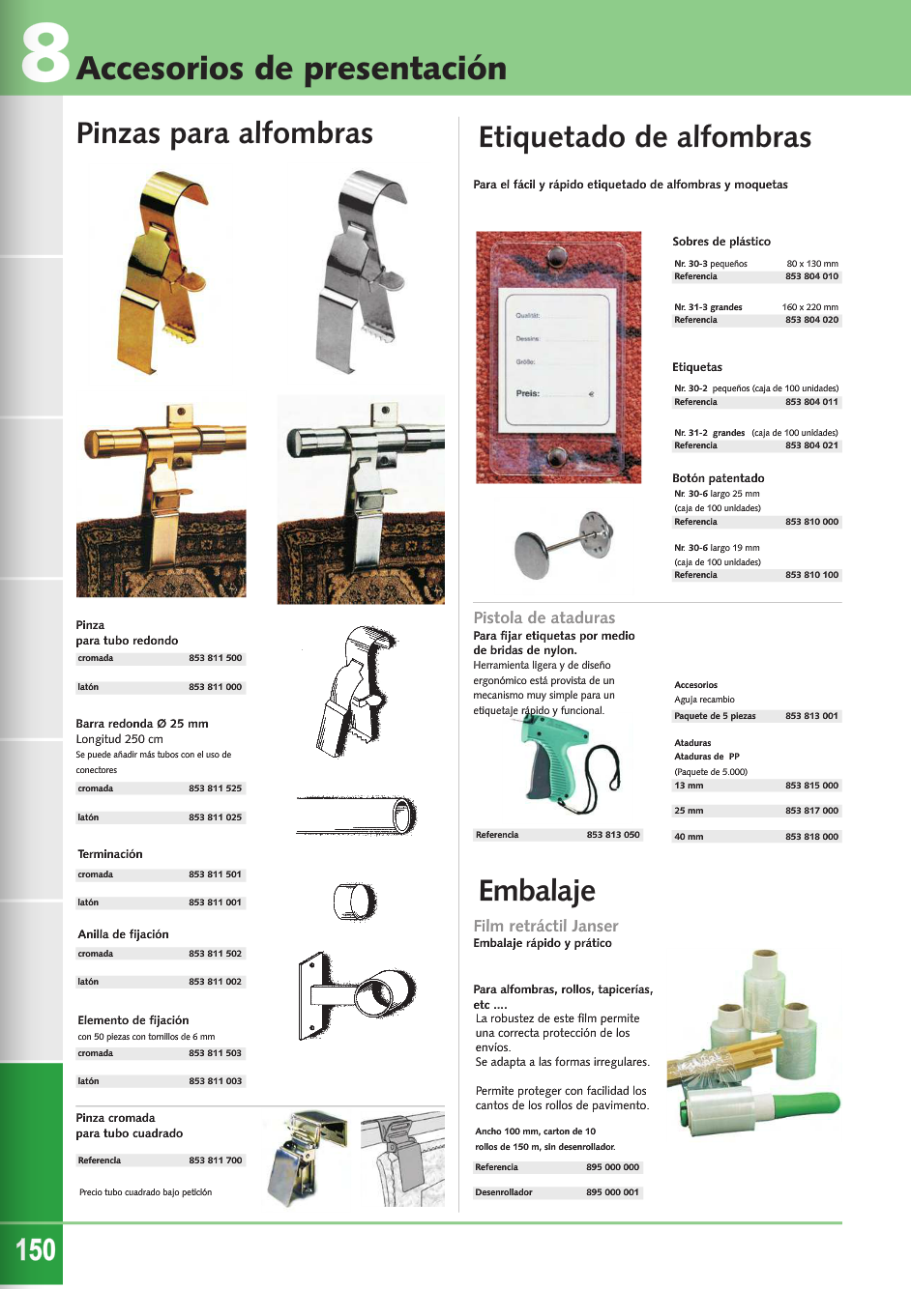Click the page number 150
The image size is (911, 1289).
point(36,1249)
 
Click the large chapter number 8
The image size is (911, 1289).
point(45,53)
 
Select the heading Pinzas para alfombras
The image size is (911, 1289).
point(224,133)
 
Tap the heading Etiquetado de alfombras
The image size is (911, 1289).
point(644,137)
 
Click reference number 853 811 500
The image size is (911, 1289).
point(216,658)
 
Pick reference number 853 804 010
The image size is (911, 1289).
point(811,276)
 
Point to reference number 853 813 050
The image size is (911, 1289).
point(613,835)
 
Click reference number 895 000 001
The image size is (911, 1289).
point(612,1192)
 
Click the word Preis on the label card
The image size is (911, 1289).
point(527,393)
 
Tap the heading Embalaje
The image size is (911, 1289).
point(537,890)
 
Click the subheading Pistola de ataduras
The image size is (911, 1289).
point(544,617)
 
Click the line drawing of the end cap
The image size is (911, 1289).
point(355,902)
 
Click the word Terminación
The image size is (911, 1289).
point(110,854)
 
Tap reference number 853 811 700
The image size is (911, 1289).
point(216,1160)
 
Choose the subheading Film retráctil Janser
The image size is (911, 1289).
point(545,926)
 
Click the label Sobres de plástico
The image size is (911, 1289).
point(721,242)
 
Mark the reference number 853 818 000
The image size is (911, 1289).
point(811,837)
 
